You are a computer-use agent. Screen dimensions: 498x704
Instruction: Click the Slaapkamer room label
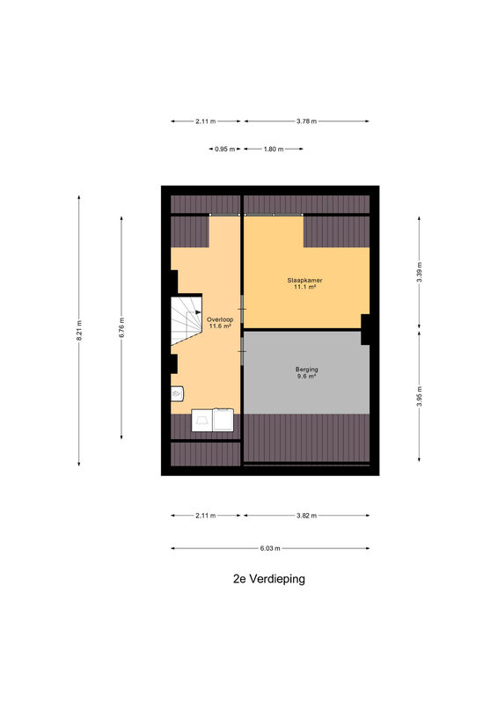pos(305,280)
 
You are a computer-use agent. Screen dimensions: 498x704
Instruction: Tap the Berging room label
pos(307,370)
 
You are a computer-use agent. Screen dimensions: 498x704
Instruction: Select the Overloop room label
pos(220,319)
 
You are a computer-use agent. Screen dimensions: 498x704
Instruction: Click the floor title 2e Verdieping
pos(269,579)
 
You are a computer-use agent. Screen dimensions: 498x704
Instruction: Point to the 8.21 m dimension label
pos(79,331)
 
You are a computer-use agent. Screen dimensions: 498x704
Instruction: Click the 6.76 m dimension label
pos(121,327)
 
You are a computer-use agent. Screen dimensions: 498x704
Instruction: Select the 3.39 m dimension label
pos(419,272)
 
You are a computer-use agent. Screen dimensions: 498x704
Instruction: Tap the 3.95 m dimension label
pos(419,396)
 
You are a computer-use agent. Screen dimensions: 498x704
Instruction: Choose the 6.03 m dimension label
pos(270,548)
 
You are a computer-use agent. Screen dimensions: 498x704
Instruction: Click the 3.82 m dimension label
pos(307,516)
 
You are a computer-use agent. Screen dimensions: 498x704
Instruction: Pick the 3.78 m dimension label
pos(307,121)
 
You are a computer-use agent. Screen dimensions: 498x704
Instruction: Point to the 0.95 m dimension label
pos(224,149)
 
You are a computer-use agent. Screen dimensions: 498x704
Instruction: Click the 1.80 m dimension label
pos(274,149)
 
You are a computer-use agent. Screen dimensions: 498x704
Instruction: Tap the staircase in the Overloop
pos(186,319)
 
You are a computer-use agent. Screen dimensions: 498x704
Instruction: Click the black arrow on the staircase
pos(198,312)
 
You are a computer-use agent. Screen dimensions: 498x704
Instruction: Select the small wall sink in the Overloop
pos(177,393)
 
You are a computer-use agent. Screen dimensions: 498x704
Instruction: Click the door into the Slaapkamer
pos(243,309)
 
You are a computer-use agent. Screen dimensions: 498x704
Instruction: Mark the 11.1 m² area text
pos(305,287)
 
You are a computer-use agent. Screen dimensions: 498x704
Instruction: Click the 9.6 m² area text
pos(307,377)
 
